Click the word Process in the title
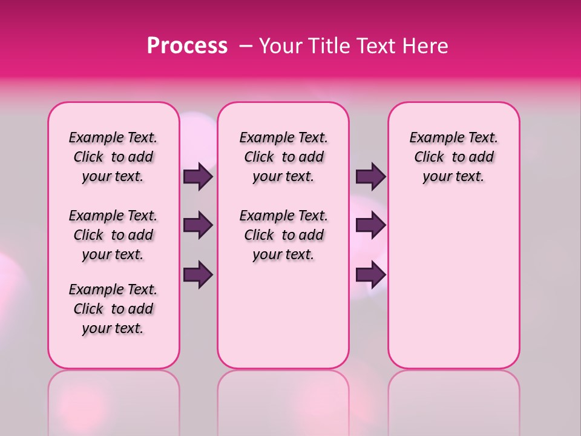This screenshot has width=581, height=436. click(x=187, y=46)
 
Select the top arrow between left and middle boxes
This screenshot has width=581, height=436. click(x=198, y=177)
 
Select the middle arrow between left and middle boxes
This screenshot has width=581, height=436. click(x=198, y=226)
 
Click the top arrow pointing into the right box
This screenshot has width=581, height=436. click(x=370, y=177)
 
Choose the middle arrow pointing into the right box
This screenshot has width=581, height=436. click(x=370, y=226)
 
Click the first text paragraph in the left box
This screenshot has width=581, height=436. click(x=113, y=157)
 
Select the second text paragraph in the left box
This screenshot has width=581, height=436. click(x=113, y=235)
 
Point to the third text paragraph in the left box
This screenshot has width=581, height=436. click(x=113, y=309)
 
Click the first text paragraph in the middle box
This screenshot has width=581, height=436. click(x=283, y=157)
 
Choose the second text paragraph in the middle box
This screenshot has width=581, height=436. click(x=283, y=235)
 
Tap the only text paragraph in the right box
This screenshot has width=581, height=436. click(x=453, y=157)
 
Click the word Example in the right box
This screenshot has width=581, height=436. click(x=431, y=138)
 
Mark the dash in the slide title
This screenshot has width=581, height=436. click(x=246, y=46)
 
